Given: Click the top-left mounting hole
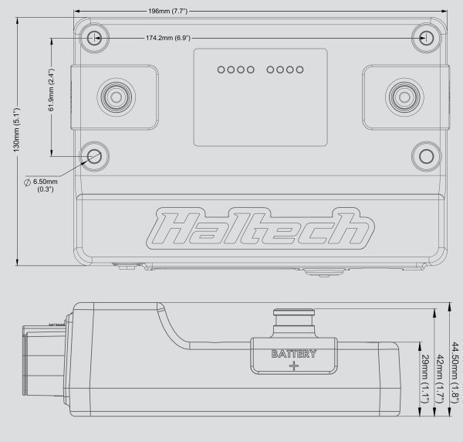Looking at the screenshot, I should coord(94,37).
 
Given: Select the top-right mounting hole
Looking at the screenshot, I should coord(425,37).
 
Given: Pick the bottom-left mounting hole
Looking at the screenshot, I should coord(94,155).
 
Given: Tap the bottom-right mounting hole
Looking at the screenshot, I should coord(425,155).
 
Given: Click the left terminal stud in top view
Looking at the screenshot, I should coord(117,97).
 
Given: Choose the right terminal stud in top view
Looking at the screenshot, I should coord(402,97).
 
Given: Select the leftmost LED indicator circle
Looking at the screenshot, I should coord(221,70).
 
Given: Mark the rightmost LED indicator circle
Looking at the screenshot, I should coord(299,70).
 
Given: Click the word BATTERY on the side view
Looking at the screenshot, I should coord(293,355).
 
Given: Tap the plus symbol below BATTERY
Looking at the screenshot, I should coord(293,366).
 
